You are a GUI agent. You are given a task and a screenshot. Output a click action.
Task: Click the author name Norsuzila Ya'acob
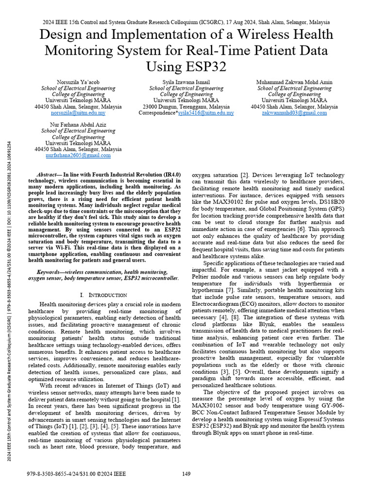[x=78, y=82]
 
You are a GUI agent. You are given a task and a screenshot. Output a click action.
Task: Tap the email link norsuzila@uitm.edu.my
[x=78, y=113]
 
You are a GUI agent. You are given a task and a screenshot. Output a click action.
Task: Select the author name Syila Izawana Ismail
[x=186, y=82]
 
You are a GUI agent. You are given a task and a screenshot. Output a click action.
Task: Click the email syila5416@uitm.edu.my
[x=206, y=113]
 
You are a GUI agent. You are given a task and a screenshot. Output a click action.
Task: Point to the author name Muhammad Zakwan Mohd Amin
[x=294, y=82]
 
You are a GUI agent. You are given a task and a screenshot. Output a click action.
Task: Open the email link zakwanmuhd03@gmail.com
[x=294, y=113]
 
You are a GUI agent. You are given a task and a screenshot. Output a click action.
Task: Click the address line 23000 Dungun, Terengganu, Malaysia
[x=186, y=106]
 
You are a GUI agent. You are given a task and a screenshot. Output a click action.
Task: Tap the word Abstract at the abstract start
[x=48, y=174]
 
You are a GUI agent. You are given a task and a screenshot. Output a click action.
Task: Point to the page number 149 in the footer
[x=186, y=473]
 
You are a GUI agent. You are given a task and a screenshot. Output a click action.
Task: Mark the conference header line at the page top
[x=186, y=22]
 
